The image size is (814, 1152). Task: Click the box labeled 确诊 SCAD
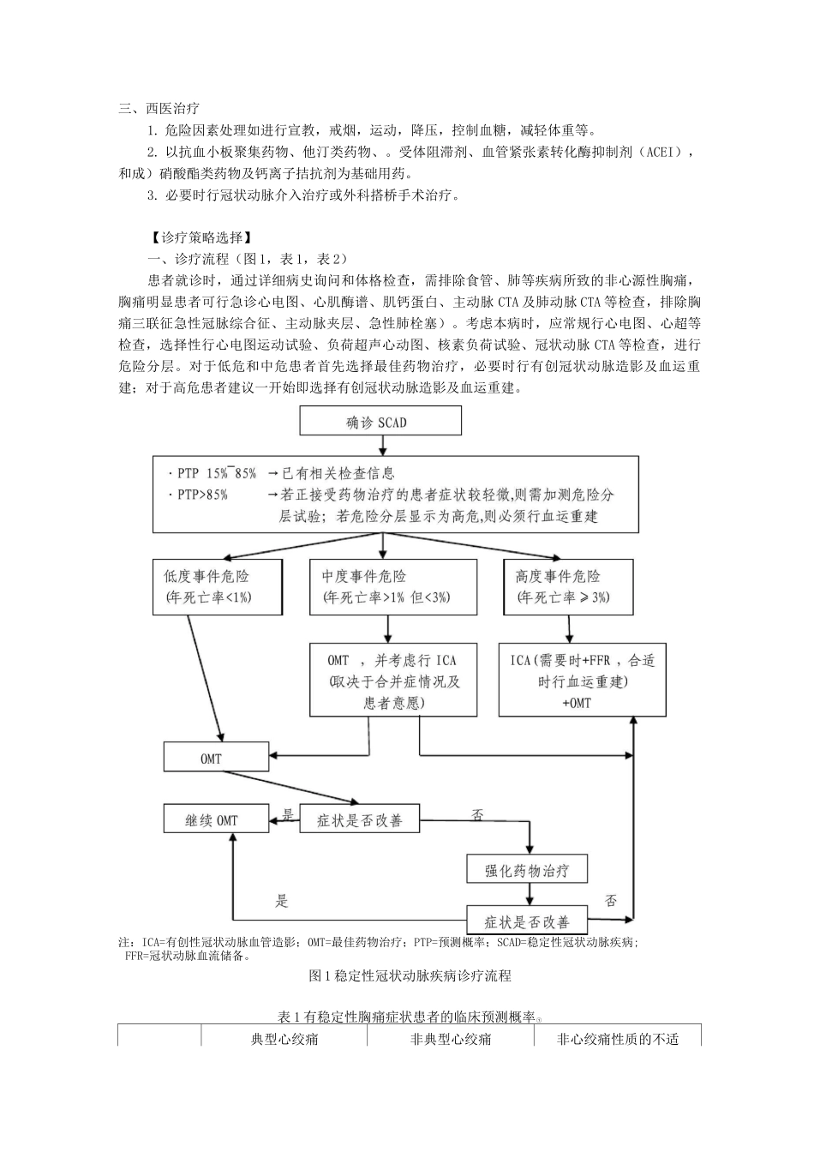pyautogui.click(x=380, y=421)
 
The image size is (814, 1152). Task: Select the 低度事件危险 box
pyautogui.click(x=218, y=586)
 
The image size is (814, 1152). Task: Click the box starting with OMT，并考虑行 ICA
pyautogui.click(x=393, y=681)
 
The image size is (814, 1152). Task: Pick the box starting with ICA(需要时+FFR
pyautogui.click(x=582, y=681)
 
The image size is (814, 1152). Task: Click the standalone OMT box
pyautogui.click(x=211, y=759)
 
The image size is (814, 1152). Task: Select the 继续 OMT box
pyautogui.click(x=212, y=820)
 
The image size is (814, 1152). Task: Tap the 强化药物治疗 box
pyautogui.click(x=527, y=870)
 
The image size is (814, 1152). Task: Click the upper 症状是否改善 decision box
pyautogui.click(x=360, y=820)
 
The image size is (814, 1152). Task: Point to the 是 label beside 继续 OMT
pyautogui.click(x=288, y=814)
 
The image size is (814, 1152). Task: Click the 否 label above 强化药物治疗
pyautogui.click(x=477, y=814)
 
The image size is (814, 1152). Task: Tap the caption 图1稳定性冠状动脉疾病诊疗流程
pyautogui.click(x=410, y=975)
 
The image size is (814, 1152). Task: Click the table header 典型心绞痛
pyautogui.click(x=284, y=1039)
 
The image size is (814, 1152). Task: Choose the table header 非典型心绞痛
pyautogui.click(x=451, y=1039)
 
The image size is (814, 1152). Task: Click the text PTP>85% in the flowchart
pyautogui.click(x=198, y=495)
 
